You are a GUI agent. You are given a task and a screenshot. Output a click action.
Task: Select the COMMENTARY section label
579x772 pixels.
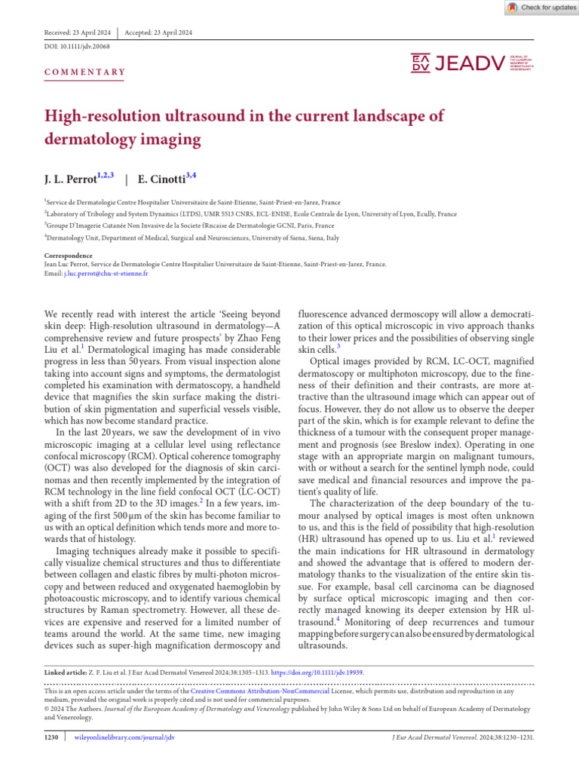84,72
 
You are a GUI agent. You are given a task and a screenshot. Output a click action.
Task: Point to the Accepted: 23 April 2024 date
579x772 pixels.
158,33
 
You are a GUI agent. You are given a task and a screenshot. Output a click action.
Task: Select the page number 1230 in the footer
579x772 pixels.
51,737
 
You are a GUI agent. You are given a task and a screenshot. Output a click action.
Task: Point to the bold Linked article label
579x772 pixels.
69,670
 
